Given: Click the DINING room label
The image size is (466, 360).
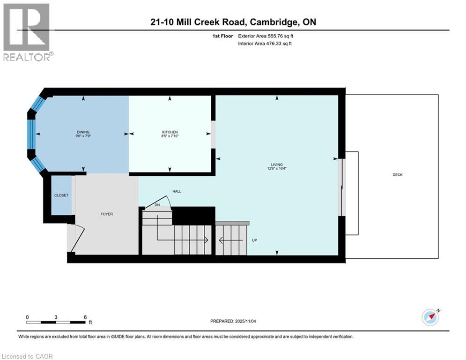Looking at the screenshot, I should coord(83,132).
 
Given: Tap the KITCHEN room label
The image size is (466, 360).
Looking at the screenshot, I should coord(170,132).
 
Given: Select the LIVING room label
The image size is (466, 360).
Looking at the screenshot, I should coord(276,165).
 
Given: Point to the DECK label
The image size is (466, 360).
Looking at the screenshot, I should coord(398,175).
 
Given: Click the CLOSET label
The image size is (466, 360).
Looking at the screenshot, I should coord(61,195).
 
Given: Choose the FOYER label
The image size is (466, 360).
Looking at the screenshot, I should coord(106,214).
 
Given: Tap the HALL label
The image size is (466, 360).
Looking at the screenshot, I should coord(177,191).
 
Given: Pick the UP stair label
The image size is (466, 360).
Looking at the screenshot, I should coord(255,240).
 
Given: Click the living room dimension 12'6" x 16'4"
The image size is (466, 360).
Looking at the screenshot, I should coord(276,169).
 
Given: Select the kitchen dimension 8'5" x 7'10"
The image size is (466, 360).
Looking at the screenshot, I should coord(170,136).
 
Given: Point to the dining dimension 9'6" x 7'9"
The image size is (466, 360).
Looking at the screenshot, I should coord(83,136).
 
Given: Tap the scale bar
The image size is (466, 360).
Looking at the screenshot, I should coord(56,322).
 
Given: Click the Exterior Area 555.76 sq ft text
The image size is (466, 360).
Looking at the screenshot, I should coord(266,36).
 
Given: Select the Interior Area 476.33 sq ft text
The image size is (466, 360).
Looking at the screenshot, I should coord(265,44).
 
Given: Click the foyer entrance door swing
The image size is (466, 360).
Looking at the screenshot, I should coord(77,234).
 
